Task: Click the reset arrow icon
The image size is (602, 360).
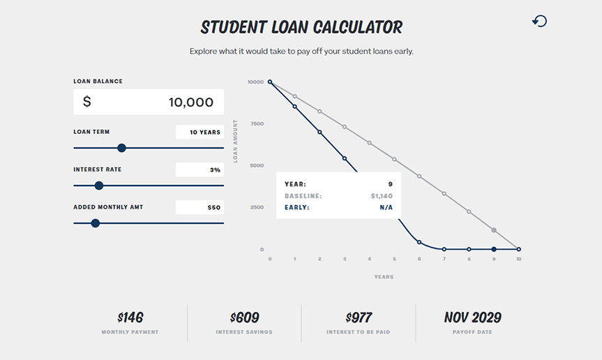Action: point(539,21)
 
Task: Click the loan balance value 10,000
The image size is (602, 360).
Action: point(191,102)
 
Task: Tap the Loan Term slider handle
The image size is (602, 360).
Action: point(121,148)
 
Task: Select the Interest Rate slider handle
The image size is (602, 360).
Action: point(99,186)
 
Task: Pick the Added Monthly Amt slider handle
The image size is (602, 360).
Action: point(96,223)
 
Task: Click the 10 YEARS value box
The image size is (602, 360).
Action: point(200,132)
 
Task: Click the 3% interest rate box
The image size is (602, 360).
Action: point(200,170)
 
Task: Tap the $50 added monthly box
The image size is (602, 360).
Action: point(200,207)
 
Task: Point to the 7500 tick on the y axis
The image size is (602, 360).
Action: point(257,123)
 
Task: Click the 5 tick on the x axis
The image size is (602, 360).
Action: point(394,259)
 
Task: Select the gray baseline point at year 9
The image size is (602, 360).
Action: point(494,230)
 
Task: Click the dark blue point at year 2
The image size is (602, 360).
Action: point(319,132)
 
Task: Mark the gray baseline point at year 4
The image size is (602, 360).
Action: point(369,143)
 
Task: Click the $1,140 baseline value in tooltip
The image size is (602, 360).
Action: point(382,196)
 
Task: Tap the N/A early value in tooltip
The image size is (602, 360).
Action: point(386,207)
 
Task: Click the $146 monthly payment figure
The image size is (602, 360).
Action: point(130,317)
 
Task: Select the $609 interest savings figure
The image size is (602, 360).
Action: point(245,317)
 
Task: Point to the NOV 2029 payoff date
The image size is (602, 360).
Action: point(473,317)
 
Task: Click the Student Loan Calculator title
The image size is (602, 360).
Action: point(301,27)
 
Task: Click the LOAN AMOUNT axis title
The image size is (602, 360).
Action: point(235,141)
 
